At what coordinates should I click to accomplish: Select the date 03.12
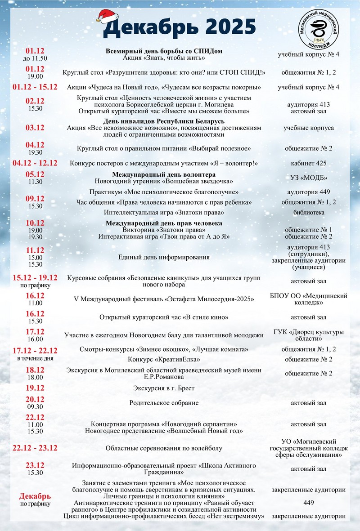(x=35, y=128)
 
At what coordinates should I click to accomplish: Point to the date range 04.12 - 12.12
(x=35, y=163)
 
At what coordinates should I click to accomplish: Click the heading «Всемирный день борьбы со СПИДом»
(x=164, y=51)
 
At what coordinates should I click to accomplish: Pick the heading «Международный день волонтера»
(x=164, y=174)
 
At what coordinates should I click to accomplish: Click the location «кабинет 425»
(x=308, y=163)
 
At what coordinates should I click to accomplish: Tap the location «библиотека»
(x=308, y=212)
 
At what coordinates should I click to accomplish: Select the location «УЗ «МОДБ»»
(x=308, y=178)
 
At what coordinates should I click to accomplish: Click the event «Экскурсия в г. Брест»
(x=164, y=388)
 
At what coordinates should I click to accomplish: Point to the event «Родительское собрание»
(x=164, y=403)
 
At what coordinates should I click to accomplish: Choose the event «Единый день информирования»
(x=164, y=257)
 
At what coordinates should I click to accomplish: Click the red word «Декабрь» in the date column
(x=35, y=496)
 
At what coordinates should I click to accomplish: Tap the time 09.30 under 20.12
(x=35, y=406)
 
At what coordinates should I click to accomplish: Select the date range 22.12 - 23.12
(x=35, y=448)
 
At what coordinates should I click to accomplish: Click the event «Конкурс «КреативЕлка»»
(x=164, y=360)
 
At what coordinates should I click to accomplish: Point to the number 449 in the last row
(x=308, y=503)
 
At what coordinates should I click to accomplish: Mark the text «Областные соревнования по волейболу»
(x=164, y=448)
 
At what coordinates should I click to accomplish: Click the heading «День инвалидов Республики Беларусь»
(x=164, y=121)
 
